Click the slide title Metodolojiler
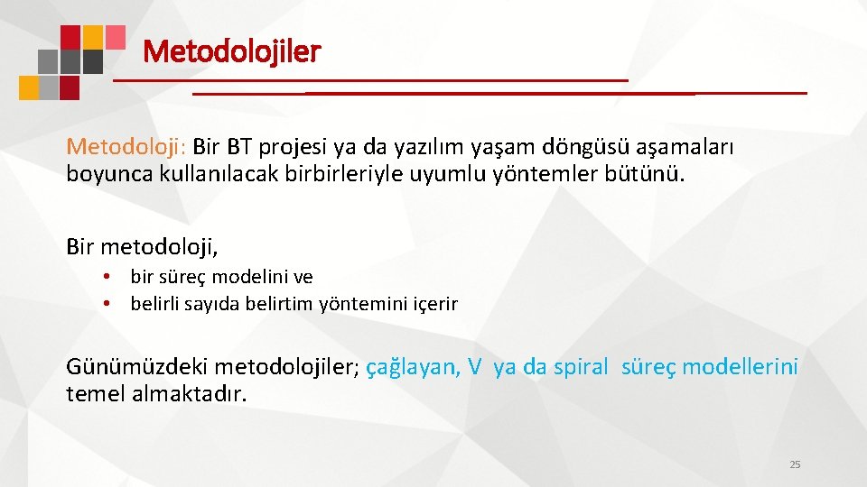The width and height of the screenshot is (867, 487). click(x=231, y=51)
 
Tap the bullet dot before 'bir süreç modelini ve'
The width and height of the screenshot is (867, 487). click(x=107, y=277)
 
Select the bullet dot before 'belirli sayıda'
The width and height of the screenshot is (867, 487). click(x=107, y=304)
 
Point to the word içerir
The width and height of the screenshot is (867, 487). click(x=436, y=304)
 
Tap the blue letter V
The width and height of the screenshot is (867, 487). click(x=474, y=367)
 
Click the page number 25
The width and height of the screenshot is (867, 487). click(x=795, y=464)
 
